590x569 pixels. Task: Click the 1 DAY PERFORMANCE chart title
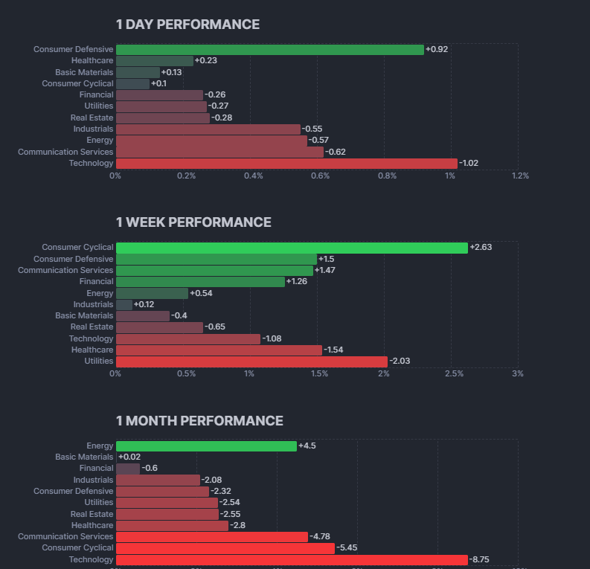pyautogui.click(x=187, y=25)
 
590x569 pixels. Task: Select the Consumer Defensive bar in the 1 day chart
pyautogui.click(x=269, y=49)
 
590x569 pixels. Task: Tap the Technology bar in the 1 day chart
pyautogui.click(x=286, y=163)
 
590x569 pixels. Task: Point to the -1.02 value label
pyautogui.click(x=469, y=163)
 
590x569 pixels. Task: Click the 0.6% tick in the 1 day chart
pyautogui.click(x=321, y=176)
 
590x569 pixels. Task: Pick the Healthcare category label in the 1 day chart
pyautogui.click(x=92, y=60)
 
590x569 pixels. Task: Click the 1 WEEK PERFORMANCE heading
pyautogui.click(x=193, y=222)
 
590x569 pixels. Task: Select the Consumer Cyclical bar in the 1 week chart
pyautogui.click(x=292, y=247)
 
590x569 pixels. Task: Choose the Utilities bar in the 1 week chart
pyautogui.click(x=251, y=361)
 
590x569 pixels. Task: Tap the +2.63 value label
pyautogui.click(x=481, y=247)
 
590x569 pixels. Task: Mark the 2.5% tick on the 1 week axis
pyautogui.click(x=454, y=373)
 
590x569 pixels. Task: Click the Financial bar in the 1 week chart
pyautogui.click(x=200, y=281)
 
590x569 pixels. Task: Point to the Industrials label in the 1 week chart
pyautogui.click(x=93, y=304)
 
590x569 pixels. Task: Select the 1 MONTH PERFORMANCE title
pyautogui.click(x=199, y=421)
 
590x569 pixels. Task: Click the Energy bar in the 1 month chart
pyautogui.click(x=206, y=446)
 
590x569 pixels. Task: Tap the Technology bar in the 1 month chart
pyautogui.click(x=292, y=559)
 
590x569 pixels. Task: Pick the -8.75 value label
pyautogui.click(x=480, y=559)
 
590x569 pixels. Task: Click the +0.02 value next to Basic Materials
pyautogui.click(x=129, y=457)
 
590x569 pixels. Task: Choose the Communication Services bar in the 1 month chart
pyautogui.click(x=211, y=536)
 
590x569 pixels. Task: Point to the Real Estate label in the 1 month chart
pyautogui.click(x=92, y=514)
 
